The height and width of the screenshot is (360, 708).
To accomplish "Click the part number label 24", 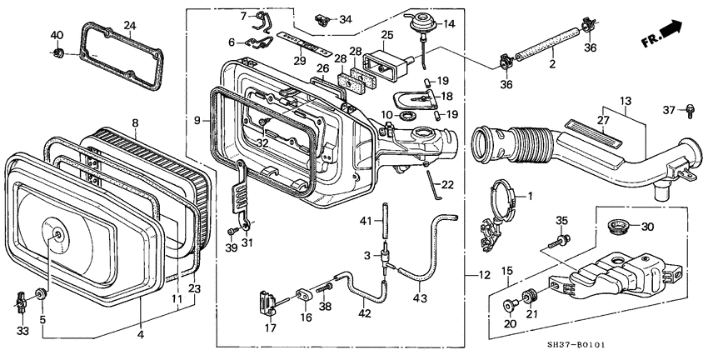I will coord(129,26).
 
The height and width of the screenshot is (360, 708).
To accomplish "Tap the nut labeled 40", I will coord(58,54).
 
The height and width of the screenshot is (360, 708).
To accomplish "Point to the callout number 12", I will coord(485,275).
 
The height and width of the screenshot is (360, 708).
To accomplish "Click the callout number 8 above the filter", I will coord(135,123).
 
